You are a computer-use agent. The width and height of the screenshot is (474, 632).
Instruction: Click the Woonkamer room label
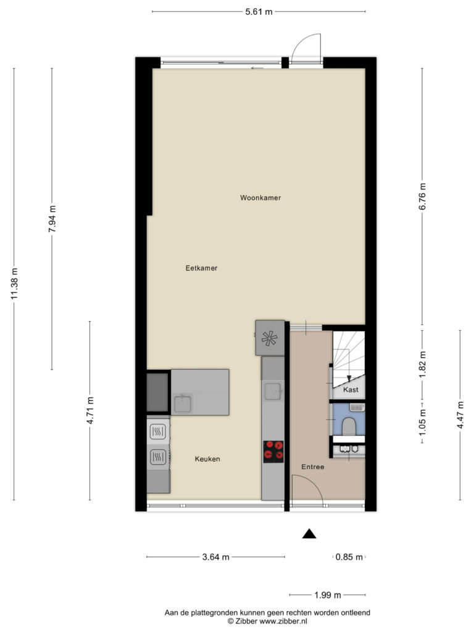[260, 197]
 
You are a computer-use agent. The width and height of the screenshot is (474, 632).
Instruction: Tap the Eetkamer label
[202, 268]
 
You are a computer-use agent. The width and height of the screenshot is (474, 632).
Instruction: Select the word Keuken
[207, 459]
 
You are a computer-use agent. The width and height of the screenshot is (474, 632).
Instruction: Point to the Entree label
[313, 467]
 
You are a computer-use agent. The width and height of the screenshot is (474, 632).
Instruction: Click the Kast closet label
[351, 390]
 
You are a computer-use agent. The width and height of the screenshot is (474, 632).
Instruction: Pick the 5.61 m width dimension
[259, 12]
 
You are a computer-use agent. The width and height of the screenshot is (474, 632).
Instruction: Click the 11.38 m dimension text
[15, 284]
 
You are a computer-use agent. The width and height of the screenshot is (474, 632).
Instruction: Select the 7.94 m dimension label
[52, 218]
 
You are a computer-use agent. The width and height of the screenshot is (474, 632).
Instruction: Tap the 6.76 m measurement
[422, 196]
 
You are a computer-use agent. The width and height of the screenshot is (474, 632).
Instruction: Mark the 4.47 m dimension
[460, 415]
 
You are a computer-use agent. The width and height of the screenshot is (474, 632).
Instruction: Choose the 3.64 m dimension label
[215, 557]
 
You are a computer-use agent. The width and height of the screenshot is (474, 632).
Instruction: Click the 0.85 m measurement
[349, 557]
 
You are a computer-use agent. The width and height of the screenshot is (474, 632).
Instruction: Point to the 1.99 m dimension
[328, 595]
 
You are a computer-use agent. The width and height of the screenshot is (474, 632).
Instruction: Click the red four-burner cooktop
[273, 451]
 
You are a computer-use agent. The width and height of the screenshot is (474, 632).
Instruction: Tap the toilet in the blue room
[349, 425]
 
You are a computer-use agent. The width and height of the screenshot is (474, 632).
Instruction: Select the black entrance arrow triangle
[309, 534]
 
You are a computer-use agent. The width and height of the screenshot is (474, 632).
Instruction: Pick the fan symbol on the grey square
[269, 338]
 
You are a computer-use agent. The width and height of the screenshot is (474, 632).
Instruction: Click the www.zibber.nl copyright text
[267, 622]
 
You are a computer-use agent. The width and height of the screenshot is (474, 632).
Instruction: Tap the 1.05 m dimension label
[422, 422]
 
